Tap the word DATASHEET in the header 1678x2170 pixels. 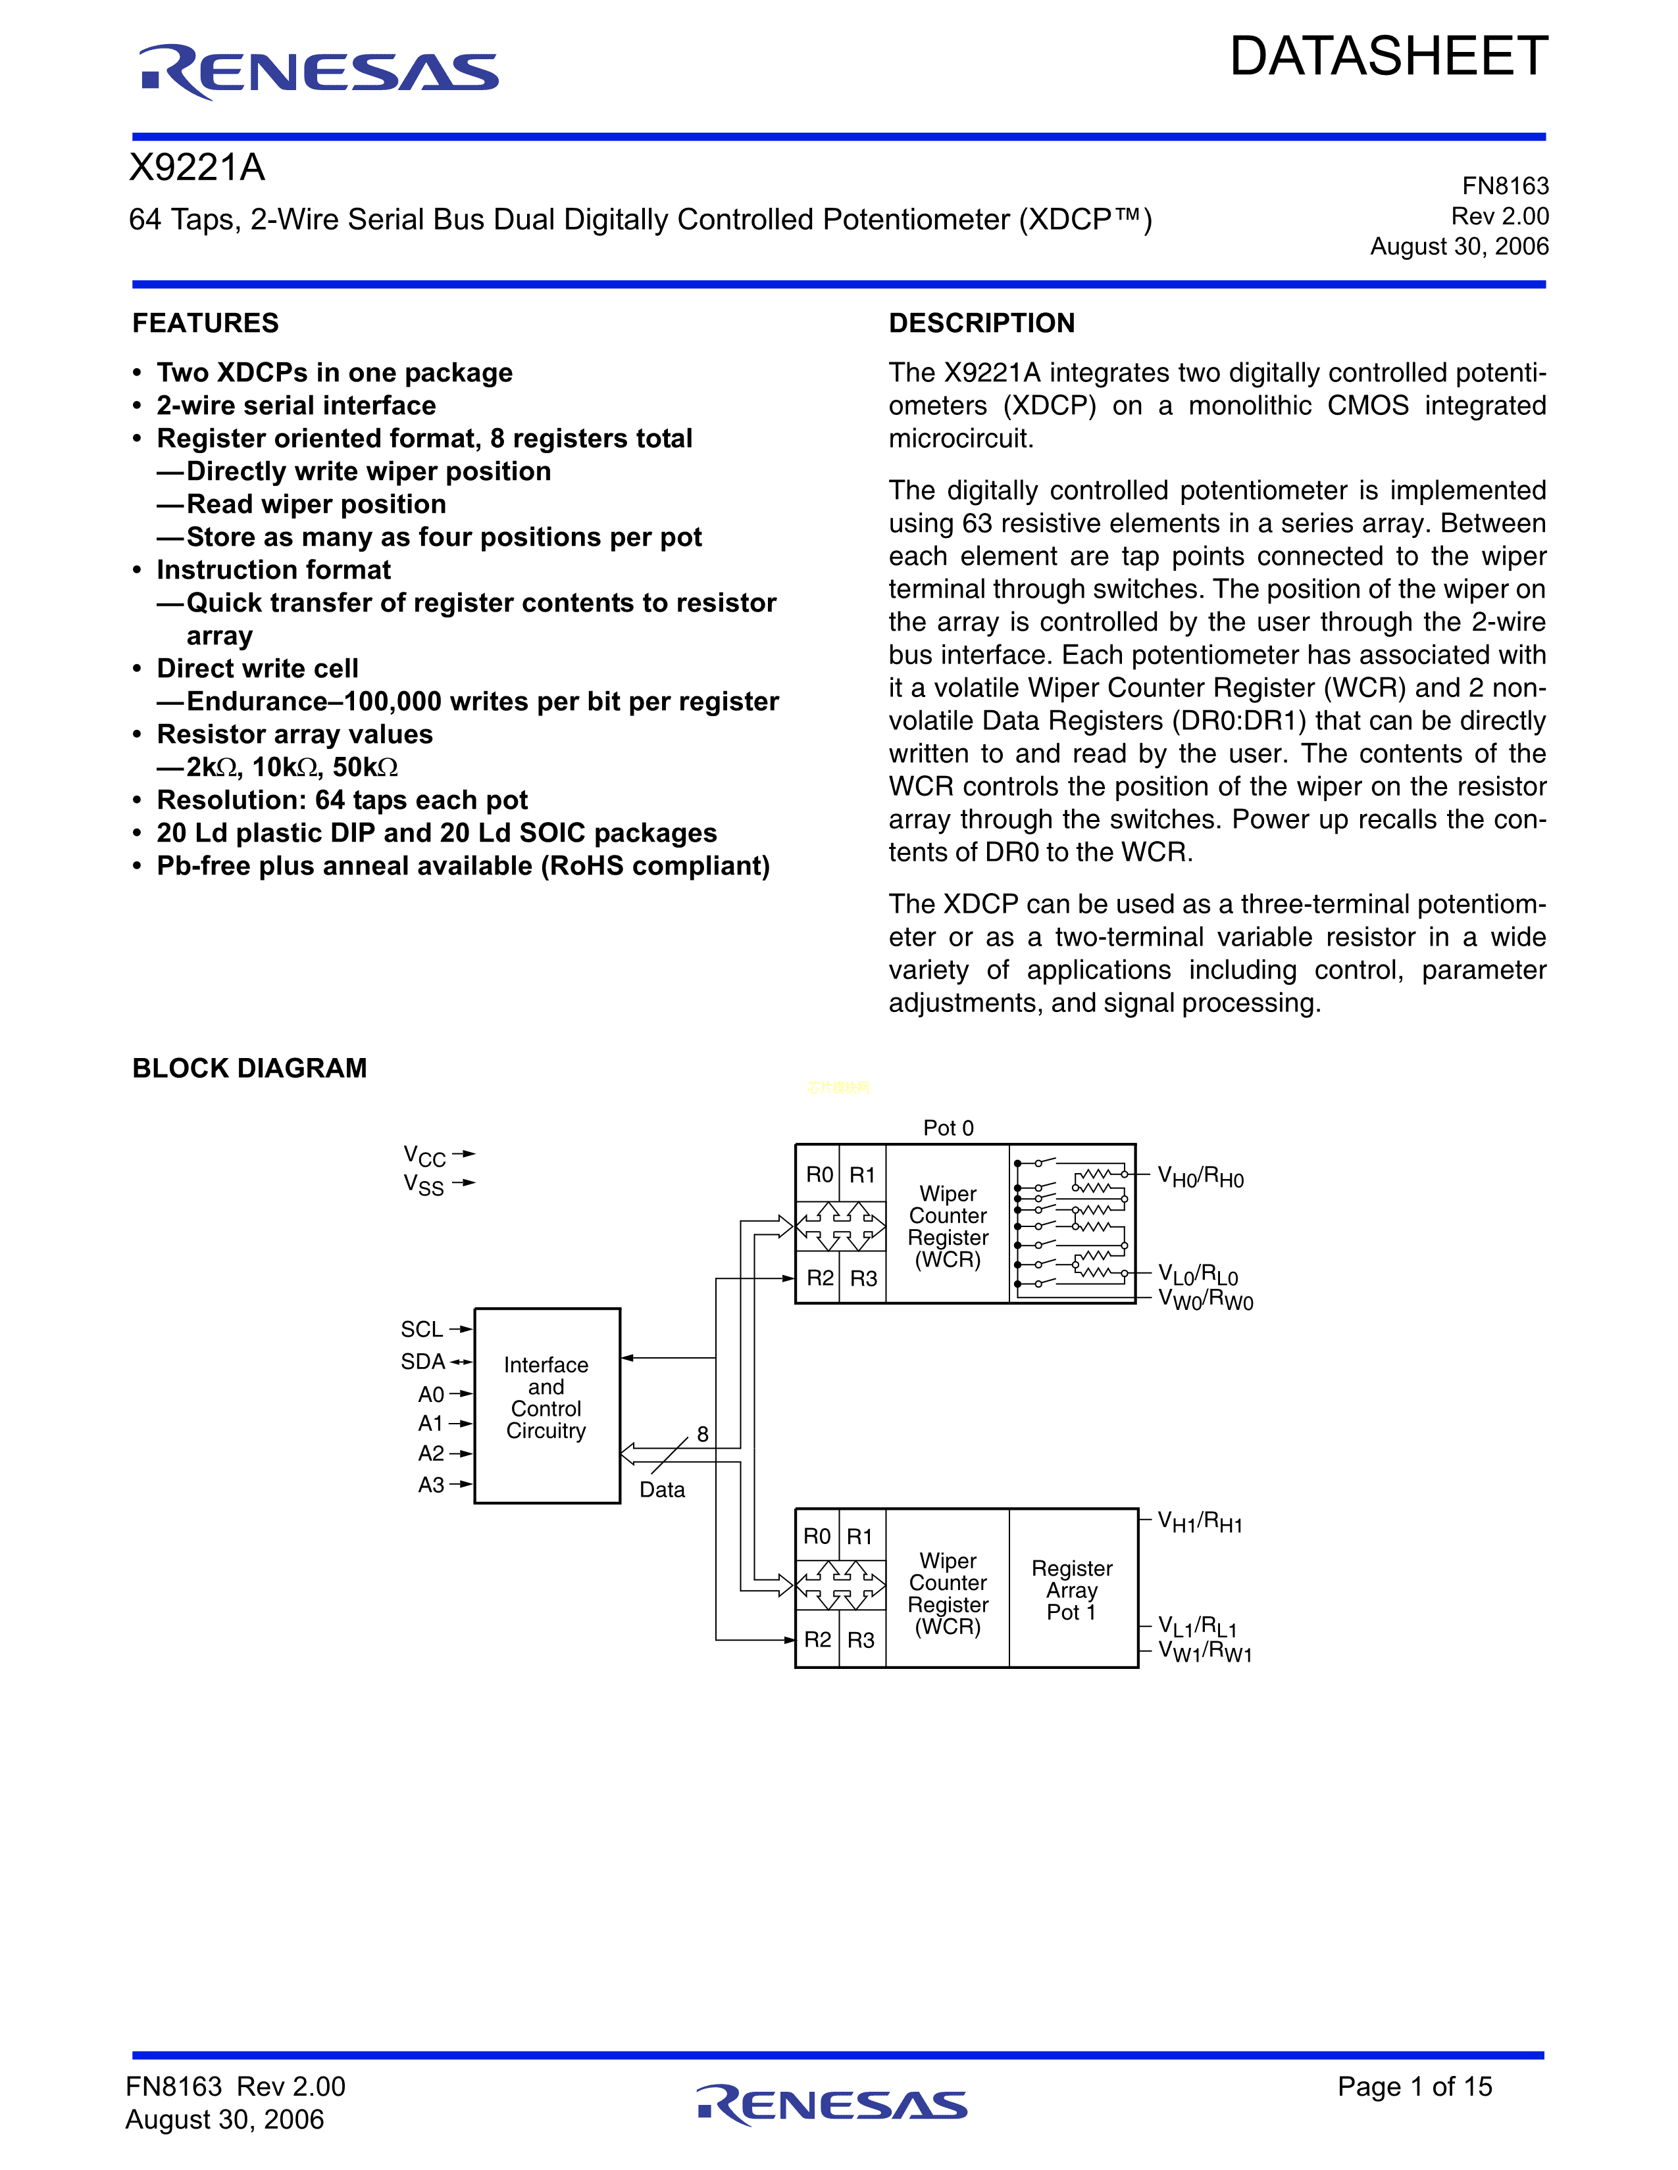[1388, 57]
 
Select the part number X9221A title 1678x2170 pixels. [198, 168]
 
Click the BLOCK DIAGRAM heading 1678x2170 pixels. [249, 1068]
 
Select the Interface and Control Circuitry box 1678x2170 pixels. [547, 1405]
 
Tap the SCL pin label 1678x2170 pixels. [422, 1330]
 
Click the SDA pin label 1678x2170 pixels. [422, 1361]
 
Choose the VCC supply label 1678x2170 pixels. [424, 1155]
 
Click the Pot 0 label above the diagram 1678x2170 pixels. [948, 1128]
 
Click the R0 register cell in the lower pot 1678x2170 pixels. [817, 1537]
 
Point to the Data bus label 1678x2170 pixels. [662, 1489]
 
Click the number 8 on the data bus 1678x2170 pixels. [703, 1434]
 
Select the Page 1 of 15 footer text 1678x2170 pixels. [1415, 2086]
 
